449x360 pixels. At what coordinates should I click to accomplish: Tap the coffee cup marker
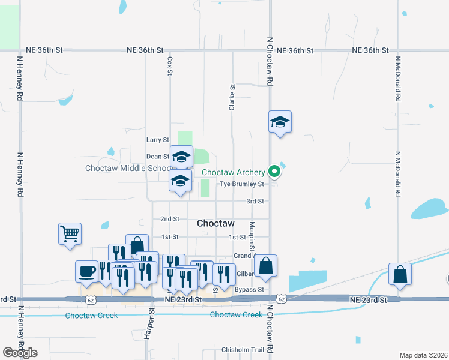[87, 271]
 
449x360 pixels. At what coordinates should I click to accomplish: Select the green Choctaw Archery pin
[275, 172]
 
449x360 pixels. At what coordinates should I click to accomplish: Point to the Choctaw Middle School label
[127, 168]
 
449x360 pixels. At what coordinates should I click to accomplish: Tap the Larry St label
[158, 140]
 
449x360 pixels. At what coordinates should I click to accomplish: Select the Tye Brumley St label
[242, 184]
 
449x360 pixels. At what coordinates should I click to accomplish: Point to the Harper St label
[151, 325]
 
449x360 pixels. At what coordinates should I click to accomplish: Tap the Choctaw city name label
[215, 223]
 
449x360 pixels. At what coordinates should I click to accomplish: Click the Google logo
[20, 353]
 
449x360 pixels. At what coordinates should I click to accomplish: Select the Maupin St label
[253, 235]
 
